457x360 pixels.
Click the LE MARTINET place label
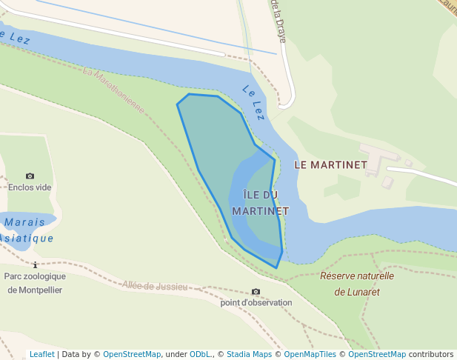tap(330, 164)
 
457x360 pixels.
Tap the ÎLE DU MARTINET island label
tap(260, 202)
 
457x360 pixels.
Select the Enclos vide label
tap(30, 187)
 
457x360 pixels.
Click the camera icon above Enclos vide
tap(30, 176)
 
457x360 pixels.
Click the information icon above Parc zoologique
tap(35, 264)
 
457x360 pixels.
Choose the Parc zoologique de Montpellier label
tap(35, 283)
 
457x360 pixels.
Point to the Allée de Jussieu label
tap(155, 286)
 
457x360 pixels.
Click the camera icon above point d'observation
tap(256, 292)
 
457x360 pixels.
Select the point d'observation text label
tap(256, 303)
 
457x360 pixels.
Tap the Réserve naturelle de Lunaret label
tap(357, 284)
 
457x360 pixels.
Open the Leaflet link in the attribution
tap(41, 354)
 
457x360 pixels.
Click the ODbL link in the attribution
tap(201, 354)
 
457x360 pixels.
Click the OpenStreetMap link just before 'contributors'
tap(377, 354)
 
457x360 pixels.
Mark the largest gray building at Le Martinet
tap(377, 158)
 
